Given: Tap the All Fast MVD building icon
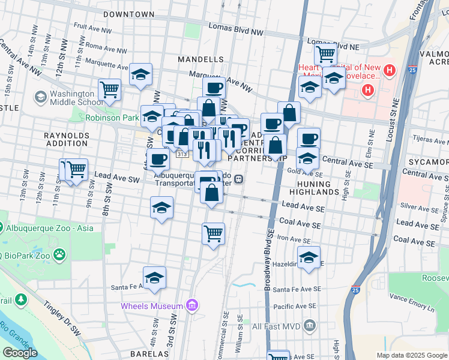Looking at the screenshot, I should pyautogui.click(x=309, y=326).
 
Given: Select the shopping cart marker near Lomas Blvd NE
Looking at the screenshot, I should pyautogui.click(x=325, y=53).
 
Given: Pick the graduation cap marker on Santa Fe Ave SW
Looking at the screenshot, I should pyautogui.click(x=154, y=277).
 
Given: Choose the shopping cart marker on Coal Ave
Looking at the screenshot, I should pyautogui.click(x=213, y=233).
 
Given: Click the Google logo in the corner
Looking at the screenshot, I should pyautogui.click(x=20, y=352).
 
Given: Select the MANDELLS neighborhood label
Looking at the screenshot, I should pyautogui.click(x=200, y=60).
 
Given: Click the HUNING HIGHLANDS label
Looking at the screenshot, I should pyautogui.click(x=314, y=188).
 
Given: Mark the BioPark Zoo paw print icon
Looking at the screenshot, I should pyautogui.click(x=59, y=255).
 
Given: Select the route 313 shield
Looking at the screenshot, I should pyautogui.click(x=181, y=154).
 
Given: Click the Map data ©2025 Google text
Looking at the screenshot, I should pyautogui.click(x=412, y=355).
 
